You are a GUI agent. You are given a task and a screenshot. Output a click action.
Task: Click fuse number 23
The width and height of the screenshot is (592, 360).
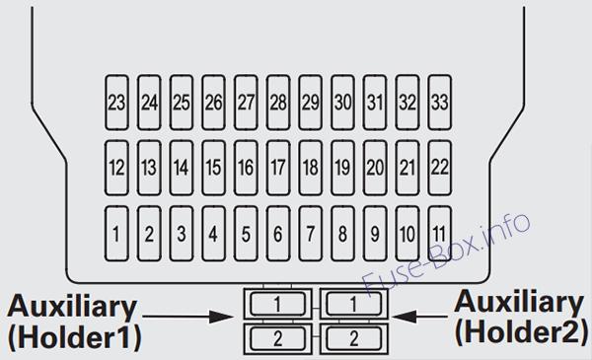click(x=116, y=103)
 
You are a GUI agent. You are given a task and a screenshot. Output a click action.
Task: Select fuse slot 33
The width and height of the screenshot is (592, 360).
click(x=440, y=103)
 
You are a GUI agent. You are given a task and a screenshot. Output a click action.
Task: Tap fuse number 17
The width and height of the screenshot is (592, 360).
click(x=278, y=168)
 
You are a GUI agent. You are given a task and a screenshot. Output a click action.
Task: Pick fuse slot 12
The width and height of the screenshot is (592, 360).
click(x=116, y=168)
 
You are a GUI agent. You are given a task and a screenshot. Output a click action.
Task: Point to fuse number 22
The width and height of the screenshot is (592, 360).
click(x=440, y=168)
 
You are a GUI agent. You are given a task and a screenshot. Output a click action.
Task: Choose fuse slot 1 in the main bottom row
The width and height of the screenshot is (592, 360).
click(x=116, y=234)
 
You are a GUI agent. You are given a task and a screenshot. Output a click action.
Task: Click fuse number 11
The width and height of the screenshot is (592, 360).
click(x=440, y=234)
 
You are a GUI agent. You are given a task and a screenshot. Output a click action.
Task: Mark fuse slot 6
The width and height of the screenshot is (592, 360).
click(x=278, y=234)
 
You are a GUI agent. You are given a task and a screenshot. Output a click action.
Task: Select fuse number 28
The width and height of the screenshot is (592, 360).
click(x=278, y=103)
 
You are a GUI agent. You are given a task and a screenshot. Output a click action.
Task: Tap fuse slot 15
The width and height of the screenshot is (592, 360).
click(x=214, y=168)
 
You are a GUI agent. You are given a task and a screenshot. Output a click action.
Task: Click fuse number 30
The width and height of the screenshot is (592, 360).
click(x=342, y=103)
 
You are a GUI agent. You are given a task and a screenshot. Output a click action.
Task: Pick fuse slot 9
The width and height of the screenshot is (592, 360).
click(x=375, y=234)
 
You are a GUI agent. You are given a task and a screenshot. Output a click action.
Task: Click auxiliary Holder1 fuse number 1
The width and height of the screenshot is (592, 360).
click(x=278, y=304)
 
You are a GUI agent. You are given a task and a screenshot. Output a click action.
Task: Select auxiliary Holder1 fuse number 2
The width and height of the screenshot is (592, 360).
click(x=278, y=338)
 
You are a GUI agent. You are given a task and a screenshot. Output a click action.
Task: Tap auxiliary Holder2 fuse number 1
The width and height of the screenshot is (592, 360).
click(x=354, y=304)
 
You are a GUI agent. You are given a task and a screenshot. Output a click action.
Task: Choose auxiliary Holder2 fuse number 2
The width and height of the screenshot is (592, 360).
click(x=354, y=338)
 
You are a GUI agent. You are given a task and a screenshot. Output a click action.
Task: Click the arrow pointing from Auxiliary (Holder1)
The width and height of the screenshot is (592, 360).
click(x=188, y=317)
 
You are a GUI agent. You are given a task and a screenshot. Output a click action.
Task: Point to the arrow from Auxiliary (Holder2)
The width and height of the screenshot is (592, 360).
click(x=420, y=317)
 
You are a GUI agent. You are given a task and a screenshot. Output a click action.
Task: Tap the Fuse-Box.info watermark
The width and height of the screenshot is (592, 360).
click(x=446, y=253)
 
